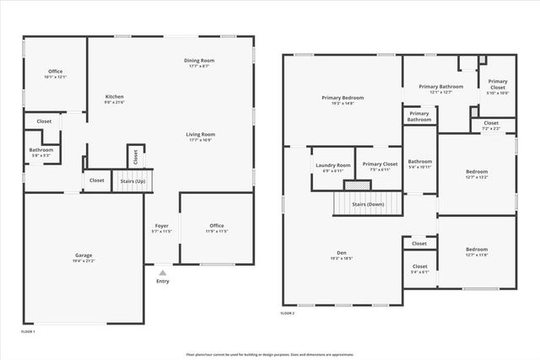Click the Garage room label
point(83,255)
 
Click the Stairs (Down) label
point(368,204)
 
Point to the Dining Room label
point(200,61)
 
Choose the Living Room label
point(201,134)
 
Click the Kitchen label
point(114,96)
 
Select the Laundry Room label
point(332,164)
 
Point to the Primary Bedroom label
point(343,98)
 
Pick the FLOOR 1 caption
point(28,331)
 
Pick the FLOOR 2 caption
point(289,313)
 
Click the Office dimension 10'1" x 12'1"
point(55,77)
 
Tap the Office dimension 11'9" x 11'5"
point(217,230)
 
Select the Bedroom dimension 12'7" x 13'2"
point(476,177)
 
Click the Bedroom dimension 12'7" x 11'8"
point(476,255)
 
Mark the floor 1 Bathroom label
point(40,150)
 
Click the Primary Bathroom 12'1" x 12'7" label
point(440,92)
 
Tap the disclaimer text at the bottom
point(269,354)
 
